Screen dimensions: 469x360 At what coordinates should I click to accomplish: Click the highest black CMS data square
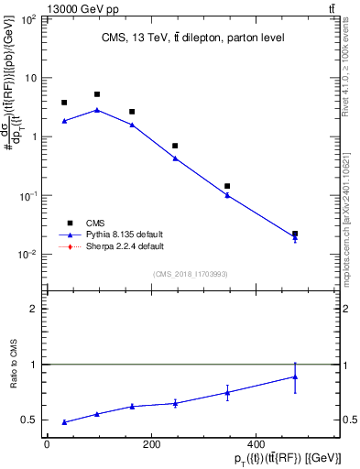click(97, 94)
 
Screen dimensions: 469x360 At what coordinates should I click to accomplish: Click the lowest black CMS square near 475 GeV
click(295, 234)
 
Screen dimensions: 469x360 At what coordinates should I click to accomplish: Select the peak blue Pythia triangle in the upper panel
click(97, 110)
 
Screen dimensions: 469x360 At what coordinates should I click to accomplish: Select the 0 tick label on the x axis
click(47, 444)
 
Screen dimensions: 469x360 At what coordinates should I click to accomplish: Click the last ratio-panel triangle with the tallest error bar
click(295, 376)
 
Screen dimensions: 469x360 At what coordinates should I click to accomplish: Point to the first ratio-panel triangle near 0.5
click(64, 422)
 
